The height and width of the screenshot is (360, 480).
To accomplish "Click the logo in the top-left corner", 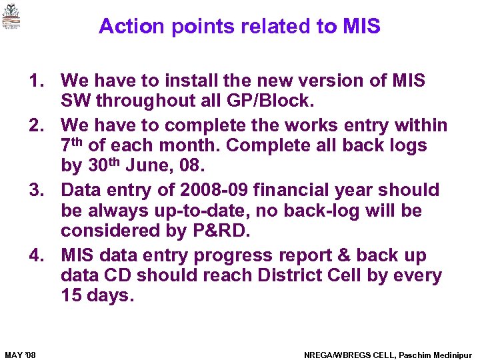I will pos(11,17).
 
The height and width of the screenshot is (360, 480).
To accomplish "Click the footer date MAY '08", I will pos(20,354).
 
